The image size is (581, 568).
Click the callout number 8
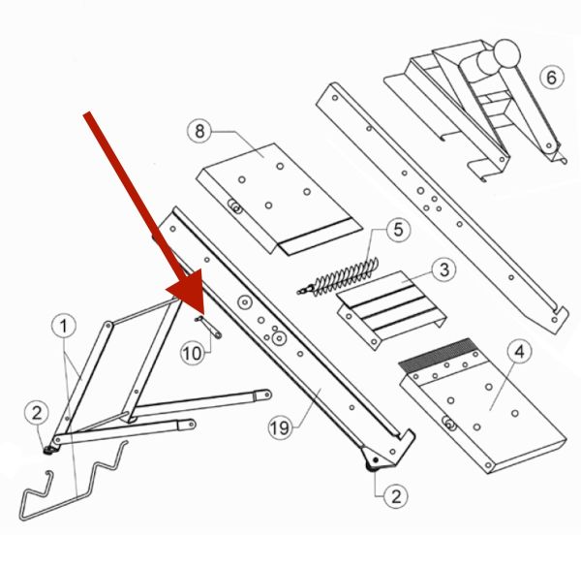pyautogui.click(x=199, y=131)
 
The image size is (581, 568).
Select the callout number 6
pyautogui.click(x=551, y=78)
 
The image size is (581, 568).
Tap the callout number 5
pyautogui.click(x=398, y=230)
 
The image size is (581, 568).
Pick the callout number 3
pyautogui.click(x=444, y=269)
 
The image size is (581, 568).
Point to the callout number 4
pyautogui.click(x=520, y=351)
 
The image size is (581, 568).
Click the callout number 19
pyautogui.click(x=280, y=427)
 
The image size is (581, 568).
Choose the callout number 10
pyautogui.click(x=193, y=353)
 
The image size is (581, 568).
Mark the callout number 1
pyautogui.click(x=64, y=326)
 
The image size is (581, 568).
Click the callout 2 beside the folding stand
pyautogui.click(x=37, y=413)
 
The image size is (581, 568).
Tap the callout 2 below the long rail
pyautogui.click(x=396, y=496)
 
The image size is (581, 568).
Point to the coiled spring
pyautogui.click(x=339, y=276)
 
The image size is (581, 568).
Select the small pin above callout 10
pyautogui.click(x=208, y=327)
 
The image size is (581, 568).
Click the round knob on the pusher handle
pyautogui.click(x=506, y=52)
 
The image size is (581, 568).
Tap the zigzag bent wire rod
pyautogui.click(x=73, y=481)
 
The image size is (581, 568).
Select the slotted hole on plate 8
pyautogui.click(x=234, y=206)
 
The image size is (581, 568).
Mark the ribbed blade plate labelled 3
pyautogui.click(x=391, y=309)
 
